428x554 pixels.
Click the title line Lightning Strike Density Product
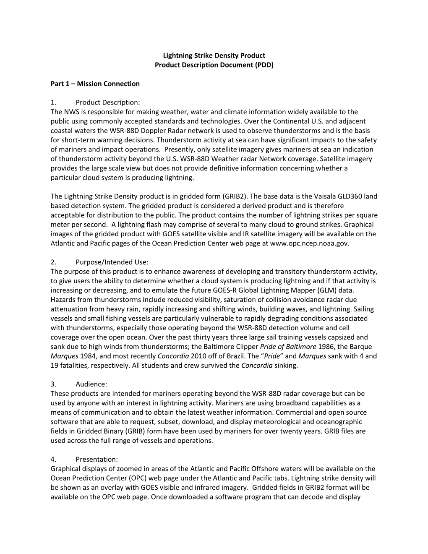[214, 55]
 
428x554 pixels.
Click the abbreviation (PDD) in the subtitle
[264, 65]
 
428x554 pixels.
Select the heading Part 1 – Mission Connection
[95, 84]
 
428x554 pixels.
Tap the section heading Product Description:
[107, 102]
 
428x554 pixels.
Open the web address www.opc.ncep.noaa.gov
[310, 243]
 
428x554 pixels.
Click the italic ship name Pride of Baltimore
[288, 347]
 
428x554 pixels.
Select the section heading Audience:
[91, 384]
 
